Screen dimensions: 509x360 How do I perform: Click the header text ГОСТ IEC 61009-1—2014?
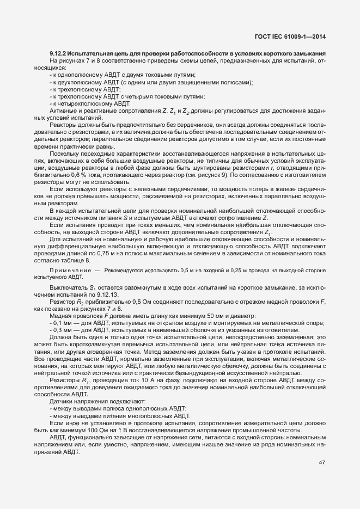point(294,37)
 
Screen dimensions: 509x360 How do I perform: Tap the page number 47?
point(322,463)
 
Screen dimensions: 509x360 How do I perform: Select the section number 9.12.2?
point(58,53)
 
